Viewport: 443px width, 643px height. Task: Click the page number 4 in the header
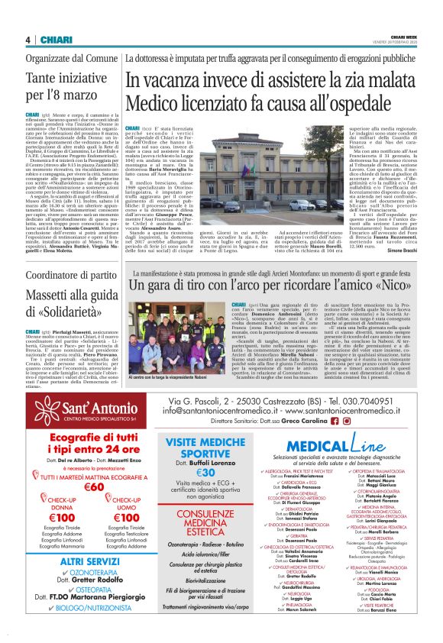point(27,40)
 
